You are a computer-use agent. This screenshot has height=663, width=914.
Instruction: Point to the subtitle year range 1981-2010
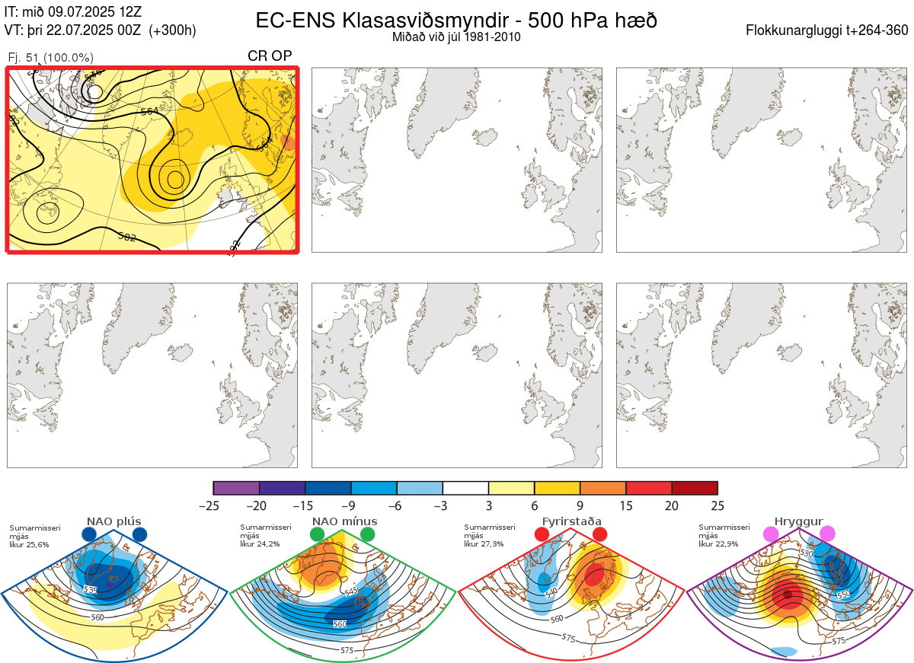point(494,37)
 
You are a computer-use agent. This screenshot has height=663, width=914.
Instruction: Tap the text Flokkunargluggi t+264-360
point(829,30)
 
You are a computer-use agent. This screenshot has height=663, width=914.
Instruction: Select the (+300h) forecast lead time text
point(173,30)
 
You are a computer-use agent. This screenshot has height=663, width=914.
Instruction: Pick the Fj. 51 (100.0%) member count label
point(50,58)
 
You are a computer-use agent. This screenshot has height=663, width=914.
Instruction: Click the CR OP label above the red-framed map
point(270,56)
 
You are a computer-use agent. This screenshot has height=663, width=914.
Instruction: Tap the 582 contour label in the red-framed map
point(127,237)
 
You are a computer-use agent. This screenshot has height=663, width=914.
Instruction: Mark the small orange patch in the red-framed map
point(289,142)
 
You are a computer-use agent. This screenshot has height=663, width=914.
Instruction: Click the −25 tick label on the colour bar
point(213,505)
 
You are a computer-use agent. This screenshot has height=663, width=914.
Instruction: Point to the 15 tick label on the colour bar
point(626,505)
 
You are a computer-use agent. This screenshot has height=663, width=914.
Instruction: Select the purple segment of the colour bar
point(236,488)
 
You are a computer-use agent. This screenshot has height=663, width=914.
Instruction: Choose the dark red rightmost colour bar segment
point(695,488)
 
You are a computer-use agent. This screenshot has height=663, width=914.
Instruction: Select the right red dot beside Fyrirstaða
point(599,535)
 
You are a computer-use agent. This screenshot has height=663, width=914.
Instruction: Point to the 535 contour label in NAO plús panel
point(91,590)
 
